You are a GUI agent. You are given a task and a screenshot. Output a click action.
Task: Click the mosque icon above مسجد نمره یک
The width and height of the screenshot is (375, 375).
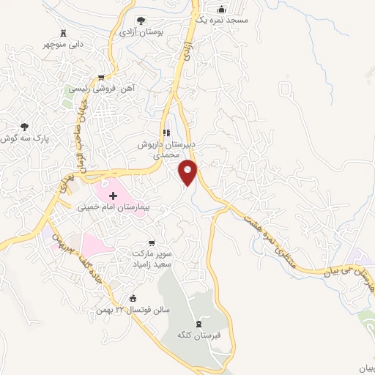(225, 10)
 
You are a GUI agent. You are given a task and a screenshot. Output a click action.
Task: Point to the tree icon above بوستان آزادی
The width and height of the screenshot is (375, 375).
(141, 21)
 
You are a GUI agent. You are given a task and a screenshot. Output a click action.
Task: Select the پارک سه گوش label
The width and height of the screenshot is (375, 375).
(24, 138)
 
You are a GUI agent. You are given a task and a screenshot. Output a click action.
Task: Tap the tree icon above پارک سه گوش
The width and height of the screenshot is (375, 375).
(26, 126)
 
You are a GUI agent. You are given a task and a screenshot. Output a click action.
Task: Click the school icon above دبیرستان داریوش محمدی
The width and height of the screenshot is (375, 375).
(166, 133)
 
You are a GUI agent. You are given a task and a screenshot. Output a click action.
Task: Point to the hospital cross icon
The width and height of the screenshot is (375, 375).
(113, 196)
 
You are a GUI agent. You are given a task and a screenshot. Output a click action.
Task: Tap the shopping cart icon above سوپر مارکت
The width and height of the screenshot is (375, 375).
(151, 242)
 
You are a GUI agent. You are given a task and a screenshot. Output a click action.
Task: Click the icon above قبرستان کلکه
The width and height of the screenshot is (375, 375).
(198, 323)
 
